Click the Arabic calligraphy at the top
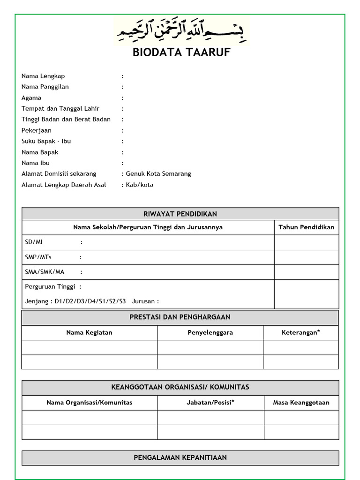(181, 32)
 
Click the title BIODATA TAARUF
(181, 52)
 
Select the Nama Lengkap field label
(43, 76)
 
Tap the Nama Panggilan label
(45, 87)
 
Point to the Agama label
(31, 98)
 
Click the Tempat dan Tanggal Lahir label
(60, 108)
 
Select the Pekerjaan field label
(37, 130)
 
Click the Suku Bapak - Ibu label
(46, 141)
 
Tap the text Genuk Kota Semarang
(158, 173)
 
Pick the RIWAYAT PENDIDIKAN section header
(180, 214)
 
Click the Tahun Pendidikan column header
(306, 227)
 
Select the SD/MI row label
(33, 242)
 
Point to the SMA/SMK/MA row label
(45, 272)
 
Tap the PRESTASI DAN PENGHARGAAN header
(180, 317)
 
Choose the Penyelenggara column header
(210, 332)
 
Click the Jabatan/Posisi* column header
(210, 402)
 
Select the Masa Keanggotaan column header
(301, 402)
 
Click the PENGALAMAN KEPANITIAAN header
(180, 457)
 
